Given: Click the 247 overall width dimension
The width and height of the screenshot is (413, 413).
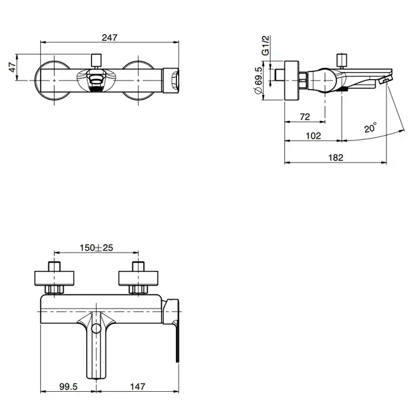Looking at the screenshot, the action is click(x=110, y=38).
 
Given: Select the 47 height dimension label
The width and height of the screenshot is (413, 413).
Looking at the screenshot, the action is click(x=12, y=67).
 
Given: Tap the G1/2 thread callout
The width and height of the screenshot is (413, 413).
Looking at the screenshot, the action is click(x=265, y=45).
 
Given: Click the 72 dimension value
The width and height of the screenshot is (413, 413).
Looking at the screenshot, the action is click(x=305, y=117).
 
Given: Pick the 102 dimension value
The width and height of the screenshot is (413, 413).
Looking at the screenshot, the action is click(x=313, y=136).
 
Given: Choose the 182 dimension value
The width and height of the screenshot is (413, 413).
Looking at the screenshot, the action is click(x=336, y=158).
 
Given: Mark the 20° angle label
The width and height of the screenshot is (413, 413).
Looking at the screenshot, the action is click(x=371, y=127).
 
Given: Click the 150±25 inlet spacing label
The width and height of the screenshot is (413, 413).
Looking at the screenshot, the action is click(x=96, y=248).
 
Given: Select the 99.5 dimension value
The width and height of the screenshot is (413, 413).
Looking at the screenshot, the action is click(x=68, y=386).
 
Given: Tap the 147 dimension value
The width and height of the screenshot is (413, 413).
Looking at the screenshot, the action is click(x=137, y=386).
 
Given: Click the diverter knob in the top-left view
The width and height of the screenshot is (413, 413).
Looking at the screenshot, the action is click(x=96, y=60).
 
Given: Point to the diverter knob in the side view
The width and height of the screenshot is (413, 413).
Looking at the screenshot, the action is click(x=342, y=60).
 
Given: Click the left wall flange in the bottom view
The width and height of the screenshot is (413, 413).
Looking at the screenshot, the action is click(x=54, y=278).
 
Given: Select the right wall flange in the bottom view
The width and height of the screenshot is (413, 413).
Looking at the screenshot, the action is click(x=138, y=278).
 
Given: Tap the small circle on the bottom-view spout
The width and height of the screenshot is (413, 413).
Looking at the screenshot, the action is click(x=96, y=329).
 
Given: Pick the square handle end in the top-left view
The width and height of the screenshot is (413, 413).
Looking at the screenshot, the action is click(x=171, y=81).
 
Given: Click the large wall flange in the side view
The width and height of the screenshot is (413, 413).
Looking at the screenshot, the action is click(x=291, y=81).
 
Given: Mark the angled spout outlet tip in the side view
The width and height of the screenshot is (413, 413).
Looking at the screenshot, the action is click(x=386, y=79).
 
